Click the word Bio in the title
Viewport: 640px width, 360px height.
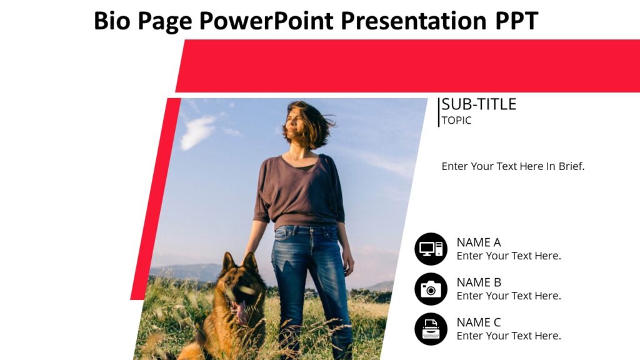tap(112, 21)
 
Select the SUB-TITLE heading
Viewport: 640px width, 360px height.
tap(479, 104)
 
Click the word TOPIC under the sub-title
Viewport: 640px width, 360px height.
tap(456, 121)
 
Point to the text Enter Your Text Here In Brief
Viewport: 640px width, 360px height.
tap(512, 166)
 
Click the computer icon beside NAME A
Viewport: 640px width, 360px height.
tap(431, 249)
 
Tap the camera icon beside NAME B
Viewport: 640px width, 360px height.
tap(431, 289)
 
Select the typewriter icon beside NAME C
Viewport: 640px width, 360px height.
tap(431, 329)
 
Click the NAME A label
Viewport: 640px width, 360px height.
tap(478, 242)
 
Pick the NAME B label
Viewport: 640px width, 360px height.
tap(478, 282)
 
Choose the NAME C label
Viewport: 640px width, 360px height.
tap(478, 322)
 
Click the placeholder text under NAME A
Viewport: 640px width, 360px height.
tap(509, 256)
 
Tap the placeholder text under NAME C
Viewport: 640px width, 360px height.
tap(509, 336)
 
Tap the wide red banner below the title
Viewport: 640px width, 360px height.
tap(406, 66)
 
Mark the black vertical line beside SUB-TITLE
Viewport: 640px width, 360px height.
tap(439, 112)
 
